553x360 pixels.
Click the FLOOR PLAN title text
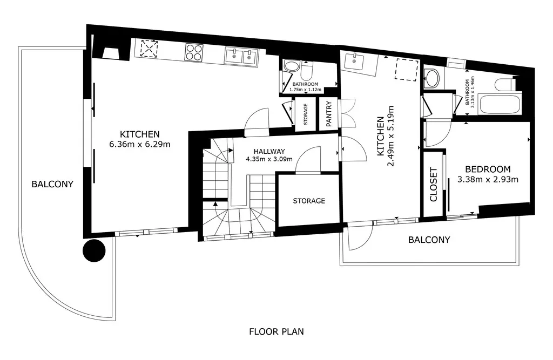(276, 331)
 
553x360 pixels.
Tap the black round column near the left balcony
(94, 250)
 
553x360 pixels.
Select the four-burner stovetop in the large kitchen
(194, 52)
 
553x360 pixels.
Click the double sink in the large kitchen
(241, 57)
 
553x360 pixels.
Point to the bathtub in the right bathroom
(500, 103)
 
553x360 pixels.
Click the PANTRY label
(329, 113)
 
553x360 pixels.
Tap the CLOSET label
(434, 185)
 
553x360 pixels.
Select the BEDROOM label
(488, 169)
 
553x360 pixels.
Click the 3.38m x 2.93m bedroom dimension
(488, 180)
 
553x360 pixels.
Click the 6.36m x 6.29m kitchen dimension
(140, 144)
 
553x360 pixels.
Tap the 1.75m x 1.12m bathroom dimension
(306, 90)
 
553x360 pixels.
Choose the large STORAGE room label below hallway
(309, 201)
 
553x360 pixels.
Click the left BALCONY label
(52, 184)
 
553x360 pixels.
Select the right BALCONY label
(429, 240)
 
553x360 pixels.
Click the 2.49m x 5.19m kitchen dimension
(390, 136)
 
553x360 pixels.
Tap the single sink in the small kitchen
(354, 62)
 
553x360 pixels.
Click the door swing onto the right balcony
(360, 236)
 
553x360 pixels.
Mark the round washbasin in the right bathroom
(431, 78)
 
